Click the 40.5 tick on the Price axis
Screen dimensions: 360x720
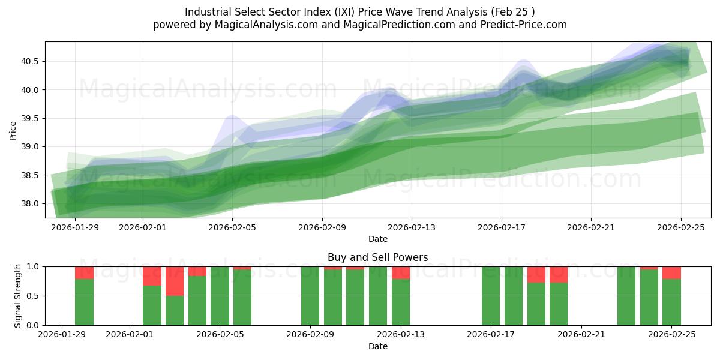[x=31, y=61]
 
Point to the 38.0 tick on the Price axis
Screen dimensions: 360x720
[x=31, y=203]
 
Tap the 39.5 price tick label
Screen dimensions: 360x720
[x=31, y=118]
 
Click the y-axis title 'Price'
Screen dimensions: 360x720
[x=13, y=130]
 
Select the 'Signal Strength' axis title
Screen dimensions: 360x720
[x=18, y=296]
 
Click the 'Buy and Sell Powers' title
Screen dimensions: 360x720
[x=377, y=257]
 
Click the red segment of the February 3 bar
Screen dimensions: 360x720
[x=175, y=281]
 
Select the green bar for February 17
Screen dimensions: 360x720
[x=491, y=296]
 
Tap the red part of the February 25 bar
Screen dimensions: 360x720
[x=671, y=272]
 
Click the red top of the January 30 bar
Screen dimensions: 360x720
[x=84, y=272]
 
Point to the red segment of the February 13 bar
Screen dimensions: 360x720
[x=401, y=272]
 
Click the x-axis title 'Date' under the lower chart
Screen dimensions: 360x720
[x=377, y=346]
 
